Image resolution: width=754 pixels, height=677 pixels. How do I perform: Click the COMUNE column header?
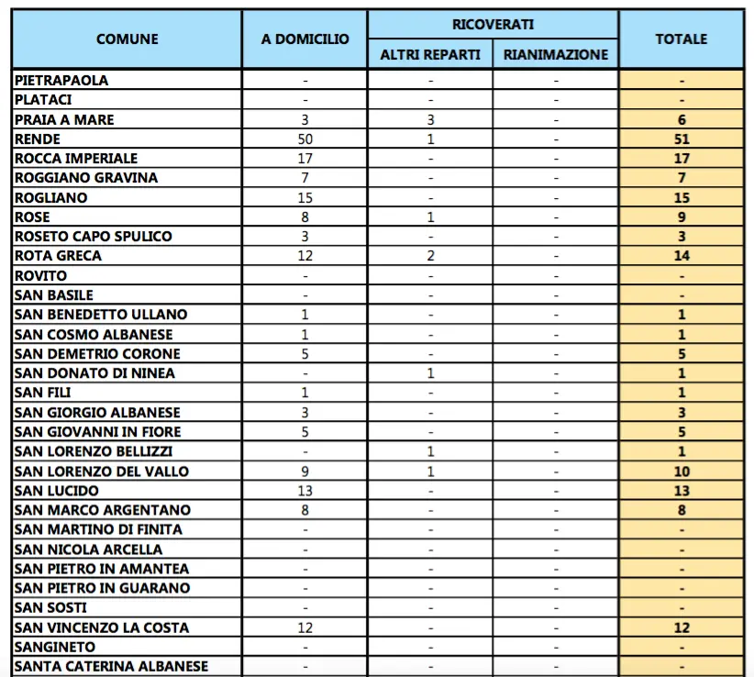pos(127,39)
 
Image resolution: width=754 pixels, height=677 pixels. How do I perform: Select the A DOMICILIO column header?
pos(305,39)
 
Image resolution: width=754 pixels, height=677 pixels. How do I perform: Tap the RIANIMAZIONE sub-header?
pos(556,54)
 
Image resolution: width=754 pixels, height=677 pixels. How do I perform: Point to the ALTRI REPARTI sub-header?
pos(430,54)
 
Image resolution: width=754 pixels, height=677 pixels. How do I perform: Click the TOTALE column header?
pos(681,39)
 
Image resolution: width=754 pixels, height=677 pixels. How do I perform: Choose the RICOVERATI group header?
pos(493,24)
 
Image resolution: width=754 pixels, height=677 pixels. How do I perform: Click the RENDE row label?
pos(39,139)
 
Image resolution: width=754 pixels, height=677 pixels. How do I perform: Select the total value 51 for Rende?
pos(681,139)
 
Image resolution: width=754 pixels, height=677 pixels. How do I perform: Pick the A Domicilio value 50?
pos(305,139)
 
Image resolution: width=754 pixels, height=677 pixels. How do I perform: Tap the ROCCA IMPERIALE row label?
pos(76,159)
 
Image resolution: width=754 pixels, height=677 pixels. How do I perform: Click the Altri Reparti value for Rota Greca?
pos(430,256)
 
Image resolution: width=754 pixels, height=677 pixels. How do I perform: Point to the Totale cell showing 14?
pos(681,256)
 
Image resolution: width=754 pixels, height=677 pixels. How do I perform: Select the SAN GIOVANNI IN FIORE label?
pos(98,431)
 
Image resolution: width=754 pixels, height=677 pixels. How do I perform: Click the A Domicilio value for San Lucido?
pos(305,490)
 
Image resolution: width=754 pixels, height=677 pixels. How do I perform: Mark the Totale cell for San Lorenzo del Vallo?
pos(681,471)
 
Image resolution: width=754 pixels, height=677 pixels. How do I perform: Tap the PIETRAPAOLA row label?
pos(61,81)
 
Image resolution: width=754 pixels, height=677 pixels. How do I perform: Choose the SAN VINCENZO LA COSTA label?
pos(102,627)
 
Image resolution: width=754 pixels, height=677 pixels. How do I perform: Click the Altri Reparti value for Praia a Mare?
pos(430,120)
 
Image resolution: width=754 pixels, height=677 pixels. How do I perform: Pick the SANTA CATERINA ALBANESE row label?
pos(112,666)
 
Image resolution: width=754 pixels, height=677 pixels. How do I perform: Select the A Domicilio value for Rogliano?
pos(305,197)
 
